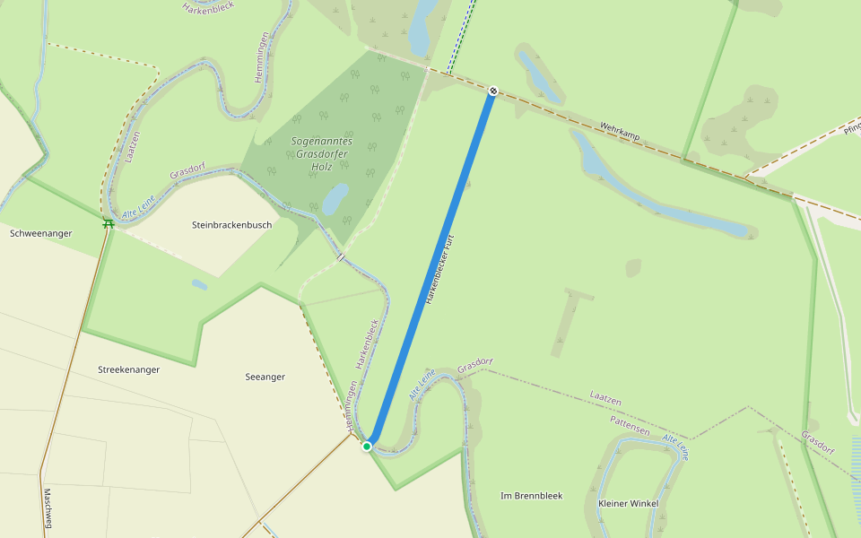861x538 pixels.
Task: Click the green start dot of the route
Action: tap(367, 446)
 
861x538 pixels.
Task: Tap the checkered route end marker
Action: tap(492, 91)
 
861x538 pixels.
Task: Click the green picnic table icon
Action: tap(108, 223)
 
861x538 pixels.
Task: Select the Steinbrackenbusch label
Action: tap(231, 225)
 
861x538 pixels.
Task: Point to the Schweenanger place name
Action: tap(40, 233)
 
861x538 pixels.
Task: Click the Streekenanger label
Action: tap(128, 369)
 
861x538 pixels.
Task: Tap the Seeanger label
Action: tap(265, 377)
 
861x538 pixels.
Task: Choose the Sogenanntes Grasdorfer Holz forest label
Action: tap(321, 153)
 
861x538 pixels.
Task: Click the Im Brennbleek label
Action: tap(531, 495)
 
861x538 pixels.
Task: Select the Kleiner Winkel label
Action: tap(628, 503)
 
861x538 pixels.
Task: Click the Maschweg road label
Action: tap(48, 508)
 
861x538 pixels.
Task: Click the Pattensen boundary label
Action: tap(629, 425)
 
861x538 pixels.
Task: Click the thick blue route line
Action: tap(430, 269)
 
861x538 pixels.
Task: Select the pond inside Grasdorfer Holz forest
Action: tap(335, 199)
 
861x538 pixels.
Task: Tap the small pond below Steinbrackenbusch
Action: tap(199, 284)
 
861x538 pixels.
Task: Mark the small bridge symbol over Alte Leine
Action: tap(341, 257)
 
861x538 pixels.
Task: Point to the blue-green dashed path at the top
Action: tap(458, 36)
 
